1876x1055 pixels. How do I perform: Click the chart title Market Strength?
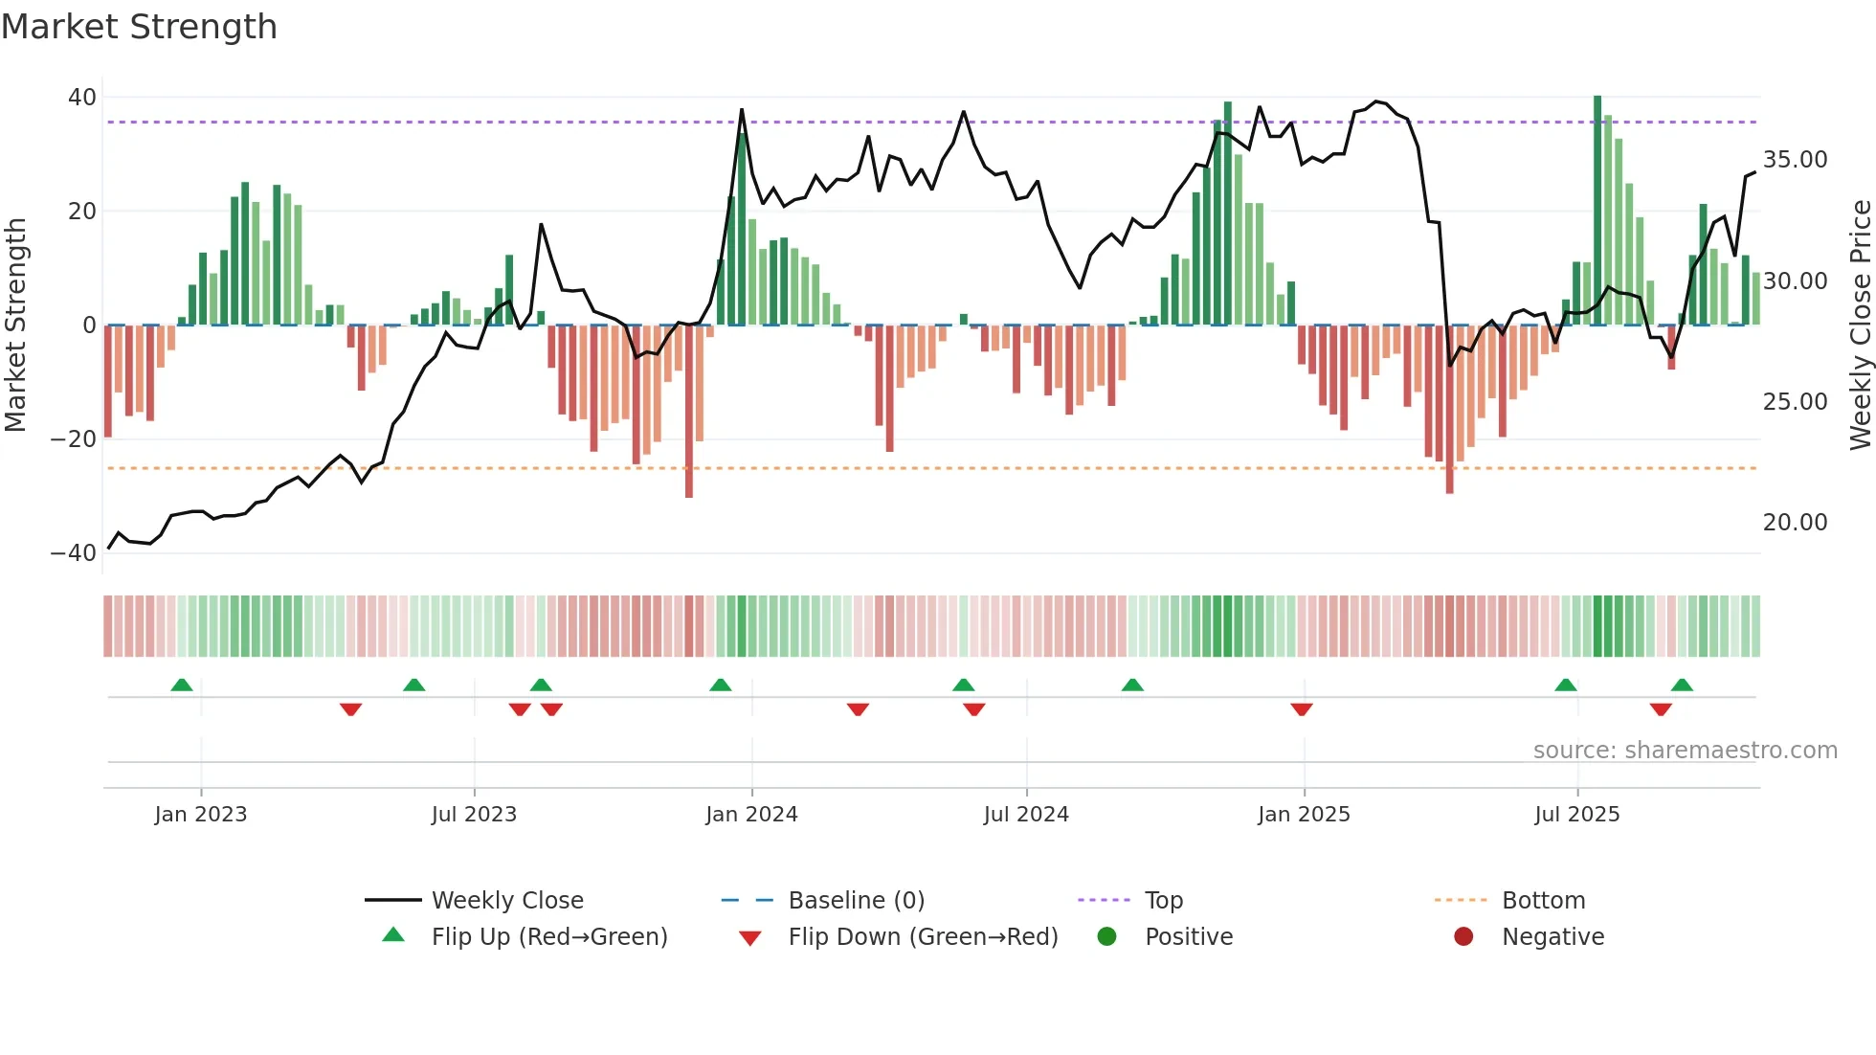139,27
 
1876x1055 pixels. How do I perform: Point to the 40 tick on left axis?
82,98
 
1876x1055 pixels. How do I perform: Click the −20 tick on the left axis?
74,439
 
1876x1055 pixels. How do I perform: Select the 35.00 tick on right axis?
1795,160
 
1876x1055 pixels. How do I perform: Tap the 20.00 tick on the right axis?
1795,523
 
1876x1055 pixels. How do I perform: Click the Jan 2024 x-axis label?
751,815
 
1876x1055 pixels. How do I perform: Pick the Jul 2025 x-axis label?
1576,815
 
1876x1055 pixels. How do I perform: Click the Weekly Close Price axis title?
1860,325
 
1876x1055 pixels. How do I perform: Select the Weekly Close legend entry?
506,901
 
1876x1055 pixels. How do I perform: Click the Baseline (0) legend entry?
856,901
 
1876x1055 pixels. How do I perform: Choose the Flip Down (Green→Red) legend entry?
923,937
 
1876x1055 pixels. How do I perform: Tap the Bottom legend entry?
1543,901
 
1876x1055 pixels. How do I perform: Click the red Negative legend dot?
1463,937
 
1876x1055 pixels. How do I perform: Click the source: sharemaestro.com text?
1685,751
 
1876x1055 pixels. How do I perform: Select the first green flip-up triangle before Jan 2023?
182,685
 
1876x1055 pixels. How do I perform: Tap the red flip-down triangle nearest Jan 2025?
1302,709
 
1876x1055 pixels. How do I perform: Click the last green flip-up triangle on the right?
1682,685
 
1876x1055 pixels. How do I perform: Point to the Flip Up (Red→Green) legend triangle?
393,935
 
